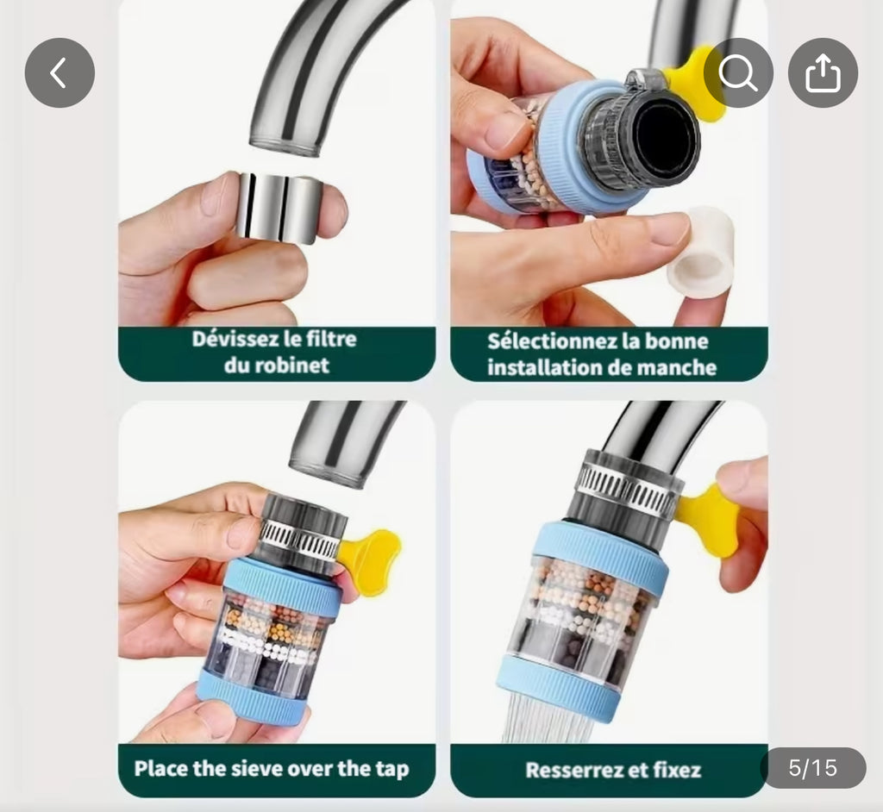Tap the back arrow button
tap(59, 73)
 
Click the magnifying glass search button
tap(738, 73)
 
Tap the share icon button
tap(823, 73)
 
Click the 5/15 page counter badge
tap(812, 767)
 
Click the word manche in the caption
tap(679, 368)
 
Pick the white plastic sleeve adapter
tap(700, 252)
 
